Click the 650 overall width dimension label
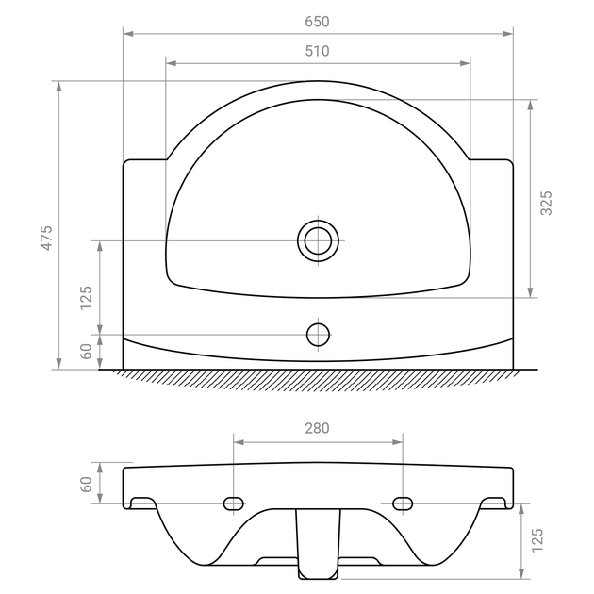click(x=317, y=22)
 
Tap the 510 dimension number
click(x=317, y=51)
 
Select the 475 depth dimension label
click(x=46, y=238)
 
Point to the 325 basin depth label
click(x=546, y=203)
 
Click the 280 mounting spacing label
click(x=317, y=428)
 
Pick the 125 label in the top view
click(x=86, y=298)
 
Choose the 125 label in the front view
click(x=536, y=540)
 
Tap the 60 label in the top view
click(x=86, y=351)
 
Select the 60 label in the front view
click(x=86, y=484)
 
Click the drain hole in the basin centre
click(x=319, y=240)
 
